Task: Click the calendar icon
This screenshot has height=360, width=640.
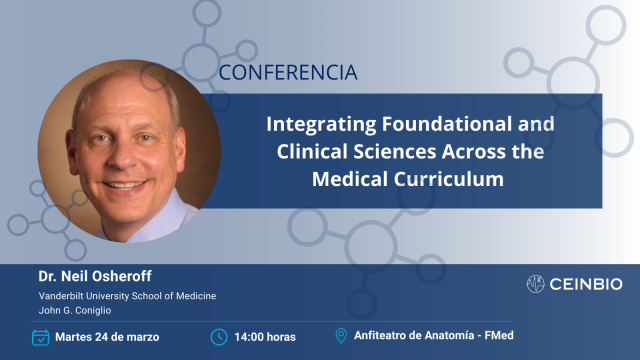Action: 41,336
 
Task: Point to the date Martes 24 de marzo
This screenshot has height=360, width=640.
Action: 108,336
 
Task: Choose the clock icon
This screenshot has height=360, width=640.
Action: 219,336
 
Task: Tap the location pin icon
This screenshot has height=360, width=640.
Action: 340,336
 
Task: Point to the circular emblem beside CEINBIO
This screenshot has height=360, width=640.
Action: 536,285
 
